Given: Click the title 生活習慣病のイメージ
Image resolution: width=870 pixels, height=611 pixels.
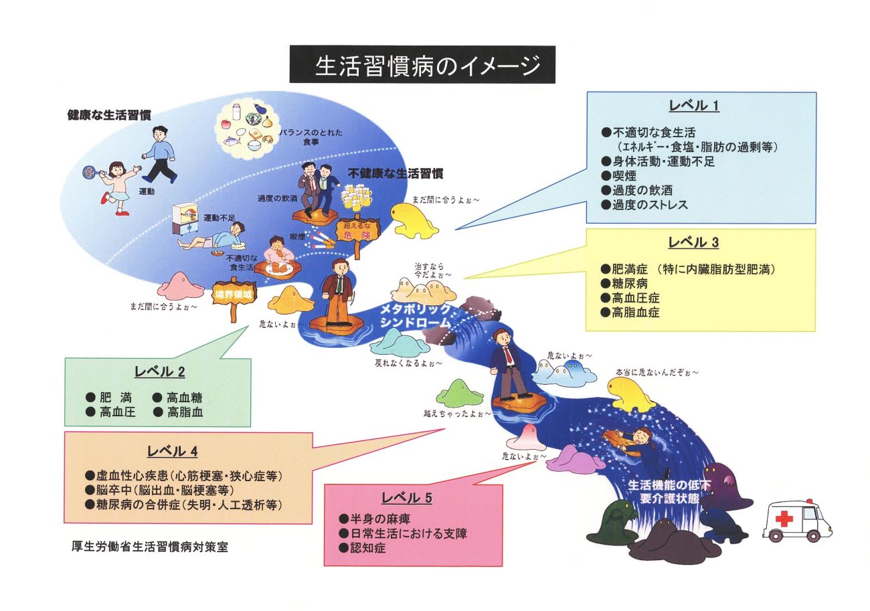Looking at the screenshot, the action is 427,66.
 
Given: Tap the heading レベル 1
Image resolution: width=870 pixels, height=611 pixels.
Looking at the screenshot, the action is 694,106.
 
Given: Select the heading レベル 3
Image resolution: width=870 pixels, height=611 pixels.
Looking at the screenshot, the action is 693,242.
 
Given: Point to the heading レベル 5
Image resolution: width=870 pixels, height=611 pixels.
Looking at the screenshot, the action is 407,498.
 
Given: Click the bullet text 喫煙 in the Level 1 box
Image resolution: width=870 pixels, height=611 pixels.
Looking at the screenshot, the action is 624,175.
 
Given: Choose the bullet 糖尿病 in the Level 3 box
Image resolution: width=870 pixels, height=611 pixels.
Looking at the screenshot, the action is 629,283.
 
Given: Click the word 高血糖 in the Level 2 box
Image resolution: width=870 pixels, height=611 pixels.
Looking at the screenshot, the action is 185,398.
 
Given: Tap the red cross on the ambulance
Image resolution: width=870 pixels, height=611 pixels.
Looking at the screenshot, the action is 784,519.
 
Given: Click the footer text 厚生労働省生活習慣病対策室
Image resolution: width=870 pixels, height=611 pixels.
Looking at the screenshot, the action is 149,547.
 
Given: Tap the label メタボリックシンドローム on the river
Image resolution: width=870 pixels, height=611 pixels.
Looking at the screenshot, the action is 415,316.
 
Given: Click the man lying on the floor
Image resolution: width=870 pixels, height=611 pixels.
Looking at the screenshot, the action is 212,238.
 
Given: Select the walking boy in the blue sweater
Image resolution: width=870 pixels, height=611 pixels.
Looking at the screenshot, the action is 159,155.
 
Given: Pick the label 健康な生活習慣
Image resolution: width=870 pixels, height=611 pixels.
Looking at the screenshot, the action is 109,115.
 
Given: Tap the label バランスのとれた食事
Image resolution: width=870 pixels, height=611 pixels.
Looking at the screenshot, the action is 311,137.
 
